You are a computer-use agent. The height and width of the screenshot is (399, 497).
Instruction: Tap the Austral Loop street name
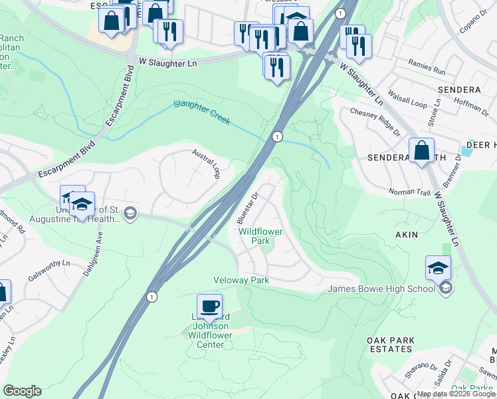206,163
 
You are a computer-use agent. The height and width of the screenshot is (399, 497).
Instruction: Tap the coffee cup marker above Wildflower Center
209,306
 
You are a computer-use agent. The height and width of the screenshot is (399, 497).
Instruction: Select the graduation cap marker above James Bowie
439,268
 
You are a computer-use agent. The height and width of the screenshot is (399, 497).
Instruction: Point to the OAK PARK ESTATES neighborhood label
391,344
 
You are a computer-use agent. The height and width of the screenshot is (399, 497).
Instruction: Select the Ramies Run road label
427,68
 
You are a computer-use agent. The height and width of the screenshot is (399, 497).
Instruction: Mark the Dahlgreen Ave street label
100,246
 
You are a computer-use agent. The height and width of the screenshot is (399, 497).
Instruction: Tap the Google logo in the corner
22,391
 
